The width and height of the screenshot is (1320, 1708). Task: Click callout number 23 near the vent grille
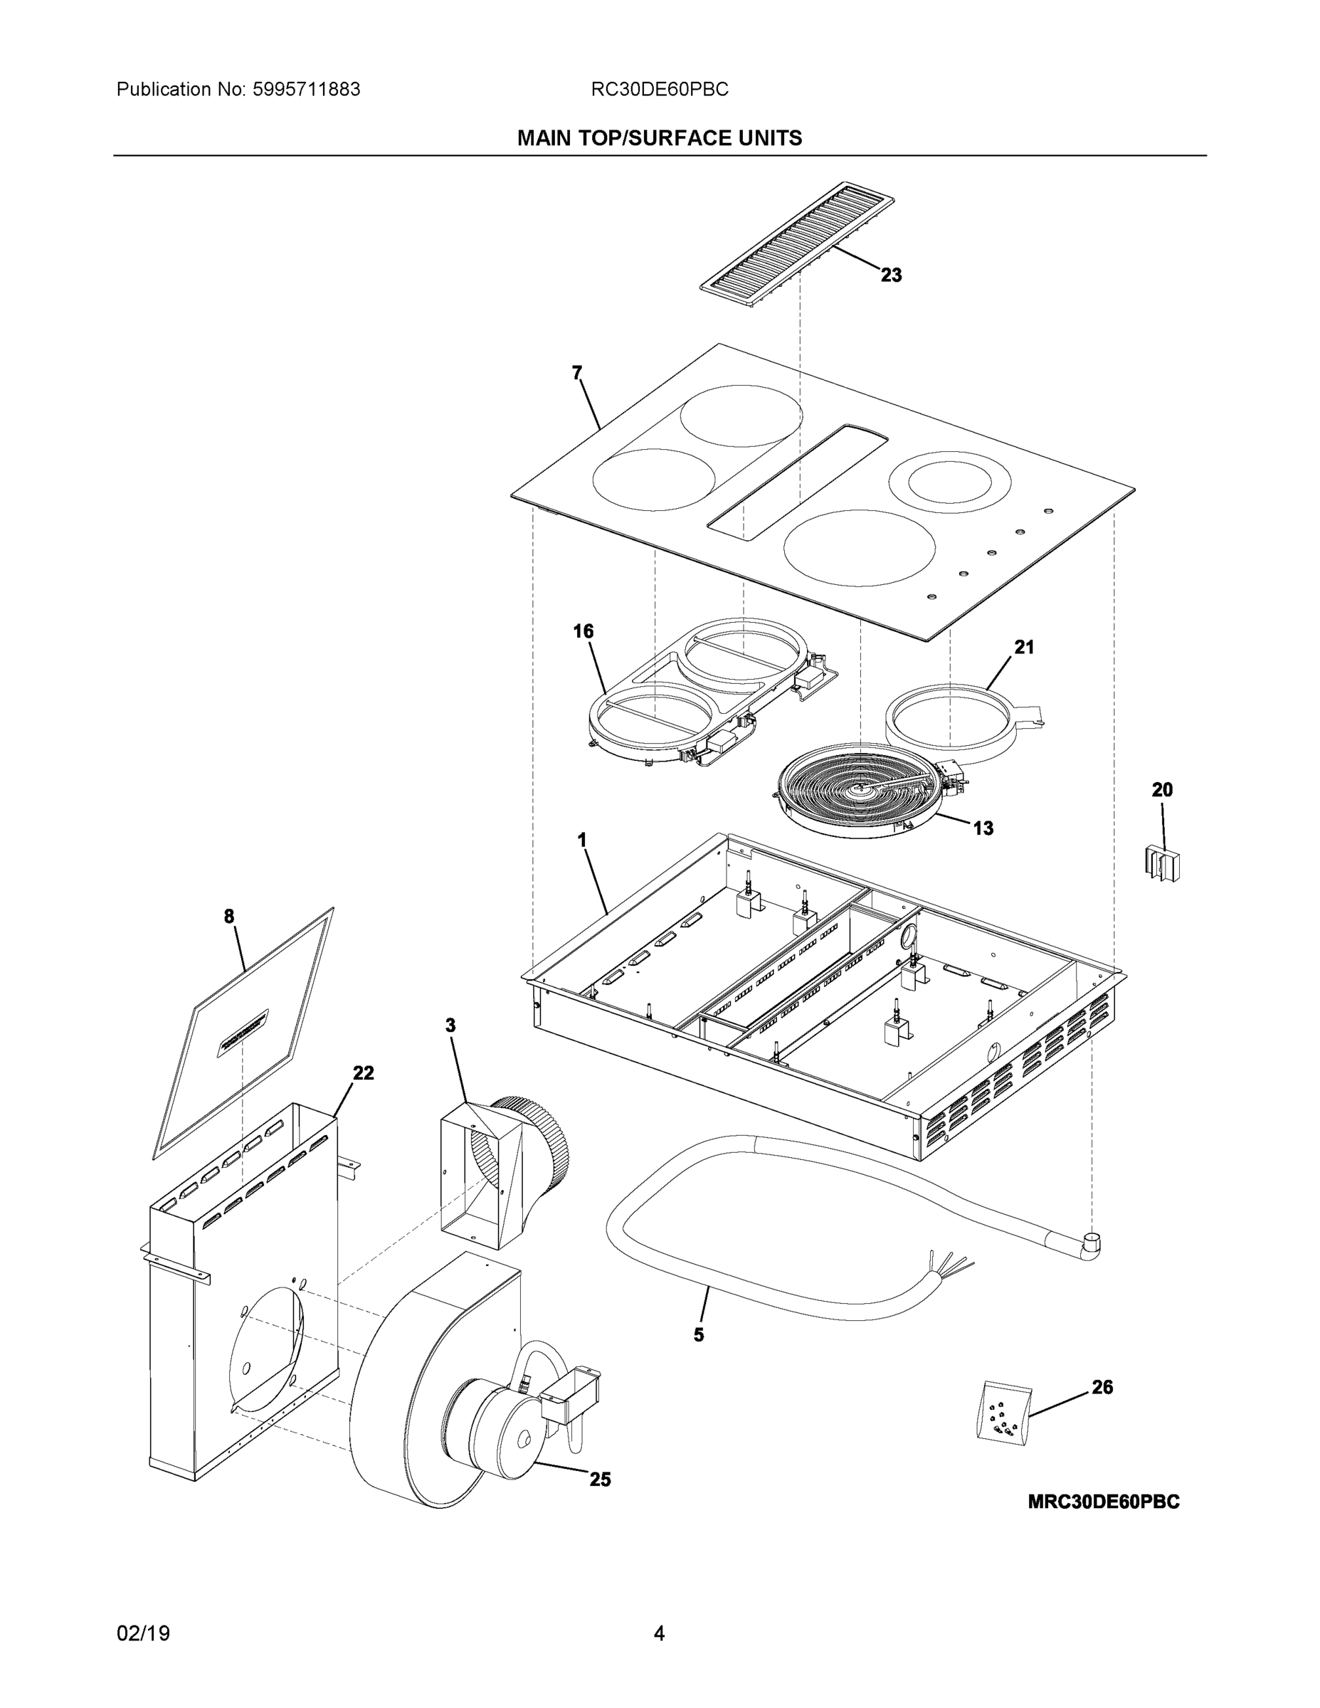891,275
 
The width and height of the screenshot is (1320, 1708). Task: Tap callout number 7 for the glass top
577,374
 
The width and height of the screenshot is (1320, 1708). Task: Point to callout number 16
584,631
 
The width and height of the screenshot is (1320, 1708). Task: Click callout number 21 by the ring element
1024,647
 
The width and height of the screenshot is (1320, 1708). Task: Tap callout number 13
983,828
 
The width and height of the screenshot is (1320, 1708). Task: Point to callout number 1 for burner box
582,840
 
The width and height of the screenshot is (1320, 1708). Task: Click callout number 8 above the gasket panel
229,917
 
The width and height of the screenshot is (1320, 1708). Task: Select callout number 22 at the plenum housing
363,1073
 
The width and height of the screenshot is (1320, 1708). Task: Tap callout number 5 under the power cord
698,1334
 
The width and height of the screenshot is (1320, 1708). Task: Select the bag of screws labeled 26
1003,1411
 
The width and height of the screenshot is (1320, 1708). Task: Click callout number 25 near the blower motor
600,1479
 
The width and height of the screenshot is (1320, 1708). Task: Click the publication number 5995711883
306,90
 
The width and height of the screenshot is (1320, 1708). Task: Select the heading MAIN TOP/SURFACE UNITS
659,139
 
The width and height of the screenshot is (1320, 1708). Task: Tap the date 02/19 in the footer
143,1634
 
